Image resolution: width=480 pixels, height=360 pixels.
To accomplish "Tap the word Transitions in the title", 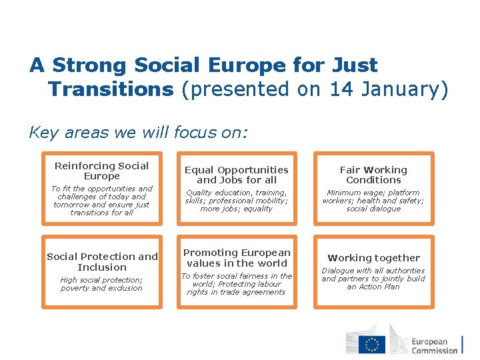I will click(x=111, y=89).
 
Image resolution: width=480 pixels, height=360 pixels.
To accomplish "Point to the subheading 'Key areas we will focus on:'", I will click(x=137, y=132).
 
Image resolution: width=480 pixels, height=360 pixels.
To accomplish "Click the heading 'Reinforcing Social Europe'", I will click(x=101, y=171).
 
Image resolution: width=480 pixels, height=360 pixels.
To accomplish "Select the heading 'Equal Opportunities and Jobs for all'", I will click(x=236, y=175).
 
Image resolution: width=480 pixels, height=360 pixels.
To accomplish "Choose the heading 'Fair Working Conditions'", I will click(x=373, y=175).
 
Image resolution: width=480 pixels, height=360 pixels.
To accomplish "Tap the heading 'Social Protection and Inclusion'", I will click(x=102, y=261).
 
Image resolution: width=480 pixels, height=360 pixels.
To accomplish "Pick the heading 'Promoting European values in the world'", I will click(x=237, y=257).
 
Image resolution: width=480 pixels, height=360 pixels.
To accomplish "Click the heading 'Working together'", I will click(x=373, y=258).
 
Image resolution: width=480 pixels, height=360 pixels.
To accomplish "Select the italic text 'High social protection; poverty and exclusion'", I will click(x=101, y=284).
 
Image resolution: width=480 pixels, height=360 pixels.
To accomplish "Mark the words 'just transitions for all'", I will click(x=102, y=209).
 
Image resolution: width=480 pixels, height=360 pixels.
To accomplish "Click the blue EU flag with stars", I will click(x=372, y=343).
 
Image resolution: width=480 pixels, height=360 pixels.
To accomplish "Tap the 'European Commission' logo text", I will click(x=434, y=345).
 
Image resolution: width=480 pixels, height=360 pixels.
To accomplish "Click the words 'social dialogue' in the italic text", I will click(x=373, y=209).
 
